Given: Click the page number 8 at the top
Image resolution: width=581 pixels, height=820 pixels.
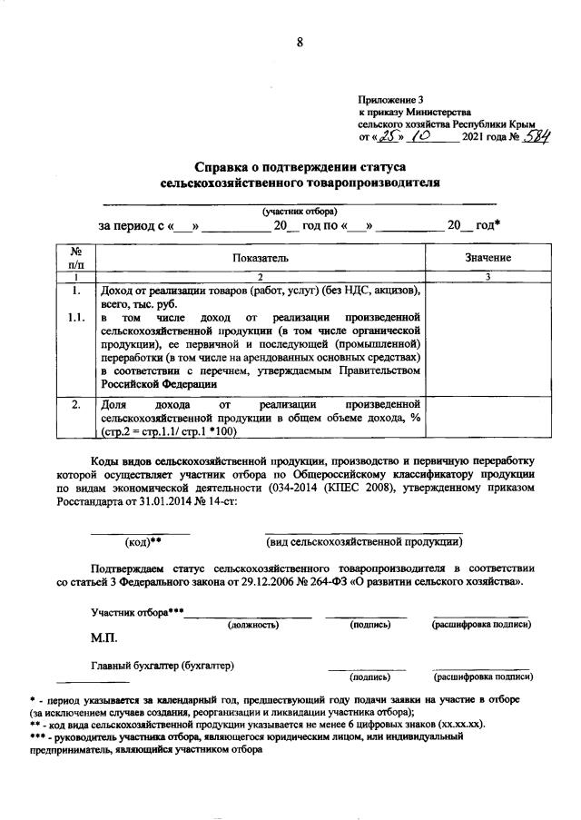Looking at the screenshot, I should point(299,41).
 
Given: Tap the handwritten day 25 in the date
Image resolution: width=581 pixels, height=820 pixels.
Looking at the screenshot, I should point(389,136).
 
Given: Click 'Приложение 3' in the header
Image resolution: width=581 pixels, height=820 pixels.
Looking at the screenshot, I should point(391,99).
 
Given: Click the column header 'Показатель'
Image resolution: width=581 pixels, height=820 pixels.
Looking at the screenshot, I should point(260,258).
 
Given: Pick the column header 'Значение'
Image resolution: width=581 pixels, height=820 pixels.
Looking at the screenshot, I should point(487,258).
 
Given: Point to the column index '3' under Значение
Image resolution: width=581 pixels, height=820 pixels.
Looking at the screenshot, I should point(487,276).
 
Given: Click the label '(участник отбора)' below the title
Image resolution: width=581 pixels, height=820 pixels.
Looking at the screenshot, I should point(299,211).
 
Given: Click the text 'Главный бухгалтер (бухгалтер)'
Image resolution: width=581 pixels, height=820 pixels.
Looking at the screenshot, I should point(162,666).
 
